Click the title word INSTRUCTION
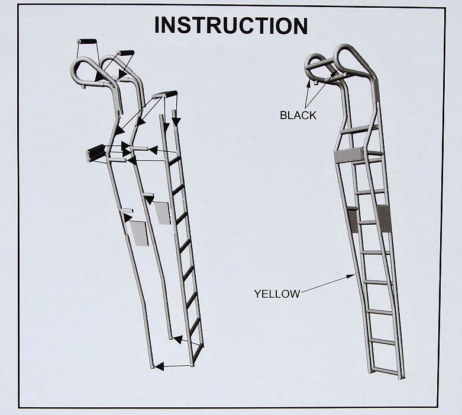pyautogui.click(x=231, y=25)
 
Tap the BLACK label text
pyautogui.click(x=298, y=116)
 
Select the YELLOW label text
pyautogui.click(x=277, y=293)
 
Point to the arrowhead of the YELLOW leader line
pyautogui.click(x=354, y=274)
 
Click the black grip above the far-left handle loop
pyautogui.click(x=87, y=41)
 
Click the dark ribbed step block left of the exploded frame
pyautogui.click(x=95, y=153)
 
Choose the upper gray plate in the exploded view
pyautogui.click(x=161, y=213)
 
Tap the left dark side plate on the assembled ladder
pyautogui.click(x=353, y=220)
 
